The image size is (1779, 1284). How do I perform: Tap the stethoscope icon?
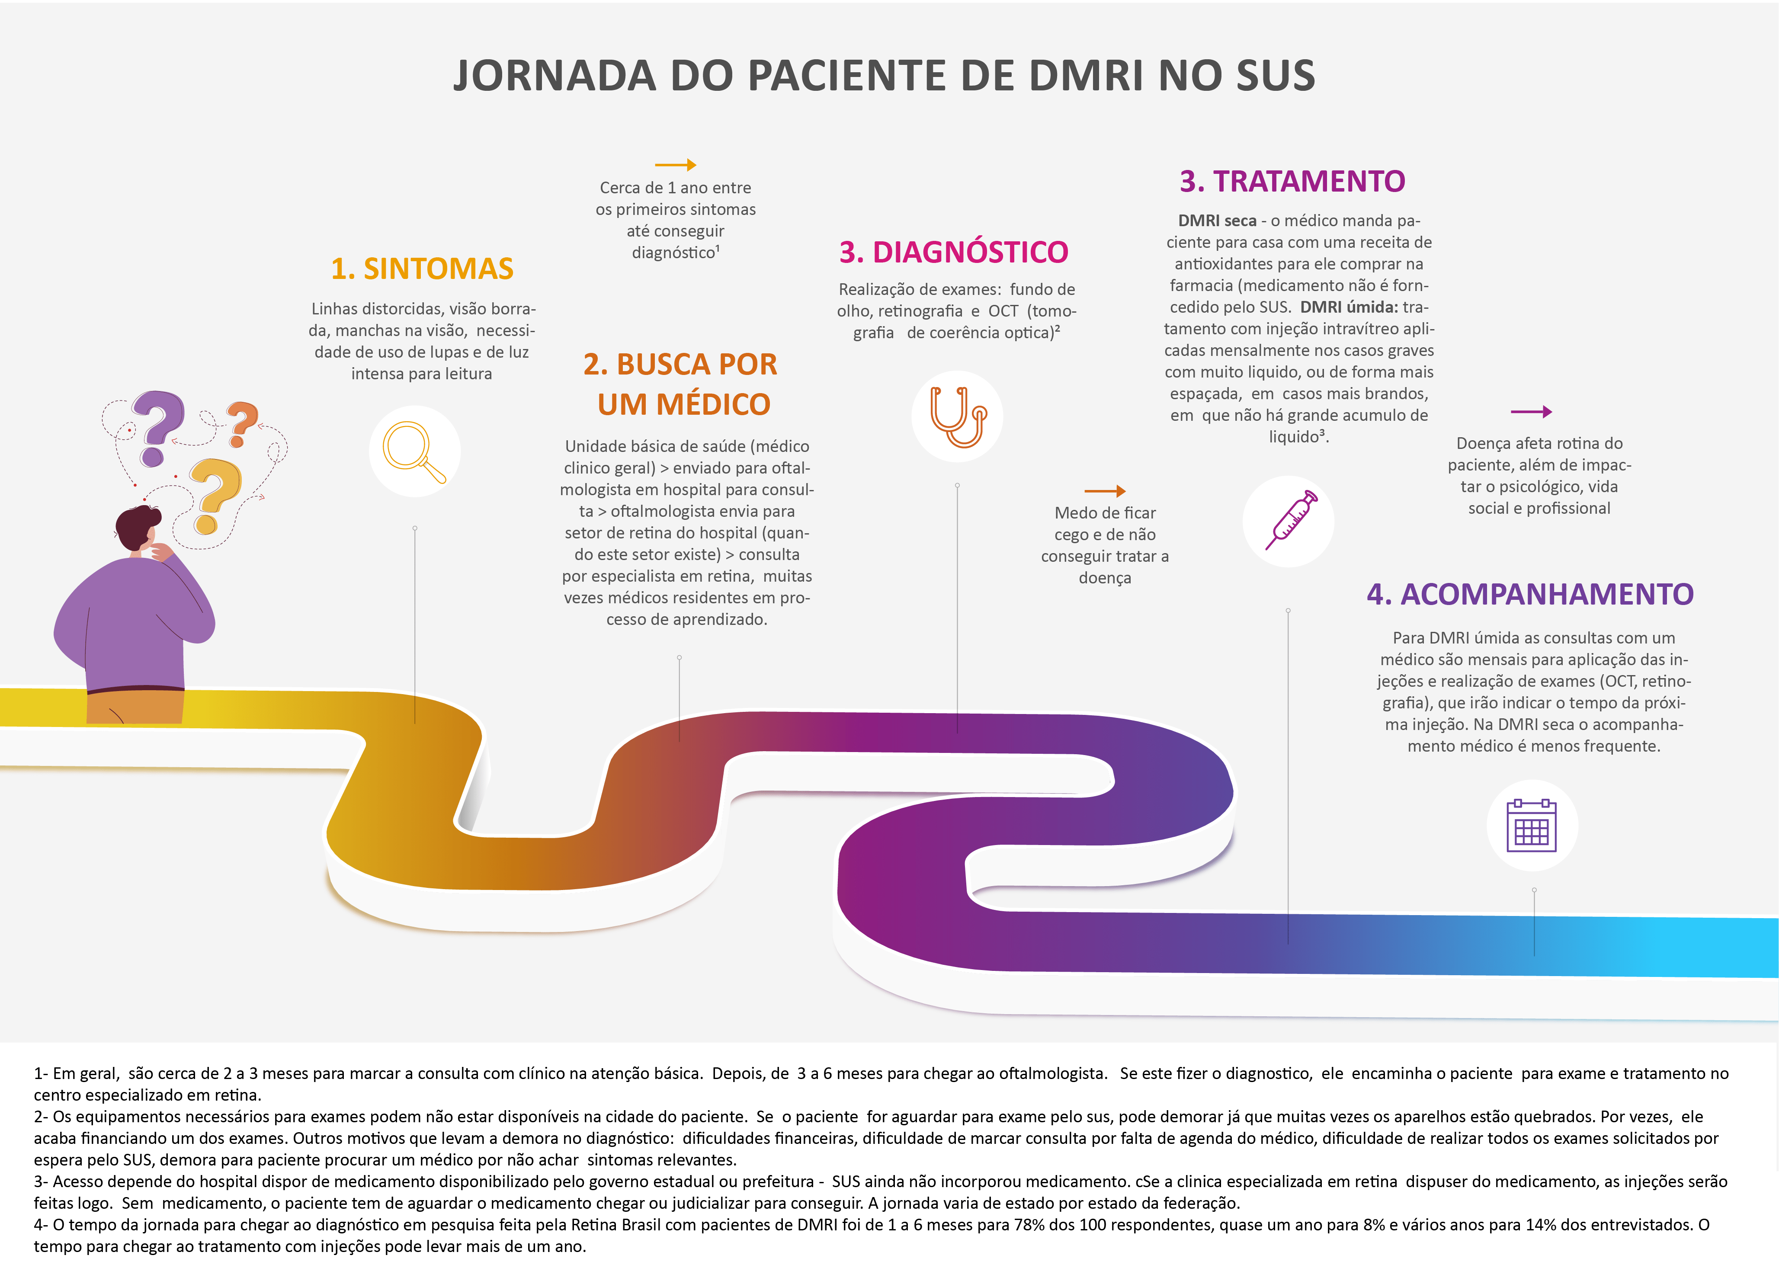click(958, 416)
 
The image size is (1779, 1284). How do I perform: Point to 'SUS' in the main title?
click(1276, 76)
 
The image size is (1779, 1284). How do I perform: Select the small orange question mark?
click(242, 423)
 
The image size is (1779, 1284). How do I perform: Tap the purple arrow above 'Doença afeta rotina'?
click(1531, 412)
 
